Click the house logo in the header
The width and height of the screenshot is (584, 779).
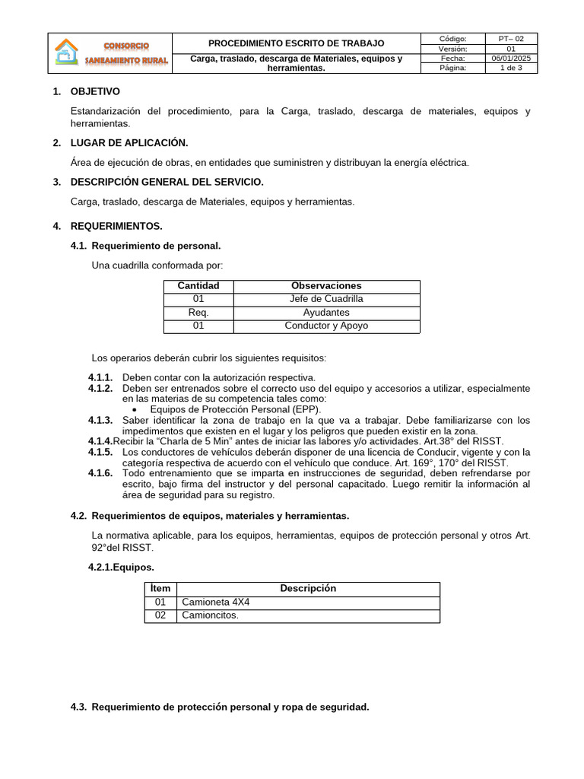click(66, 53)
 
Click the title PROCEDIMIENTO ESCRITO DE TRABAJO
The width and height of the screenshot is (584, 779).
click(296, 43)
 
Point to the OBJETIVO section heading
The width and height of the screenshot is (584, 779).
click(95, 92)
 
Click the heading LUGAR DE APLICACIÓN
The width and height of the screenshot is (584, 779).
click(129, 143)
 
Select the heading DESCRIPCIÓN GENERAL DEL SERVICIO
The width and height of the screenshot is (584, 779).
click(167, 182)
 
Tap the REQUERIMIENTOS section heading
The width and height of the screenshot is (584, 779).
click(116, 227)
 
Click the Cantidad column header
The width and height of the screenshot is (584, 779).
click(198, 286)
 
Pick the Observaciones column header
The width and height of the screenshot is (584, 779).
click(326, 286)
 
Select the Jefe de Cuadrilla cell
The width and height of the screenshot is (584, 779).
click(326, 299)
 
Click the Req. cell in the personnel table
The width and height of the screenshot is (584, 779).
click(198, 313)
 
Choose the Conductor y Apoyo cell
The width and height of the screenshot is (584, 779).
click(326, 326)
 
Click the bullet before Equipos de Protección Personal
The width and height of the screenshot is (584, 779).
click(135, 409)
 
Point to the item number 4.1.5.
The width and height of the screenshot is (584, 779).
click(100, 452)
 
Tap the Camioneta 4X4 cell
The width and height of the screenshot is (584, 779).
click(216, 603)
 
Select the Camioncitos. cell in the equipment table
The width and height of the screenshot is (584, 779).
click(210, 615)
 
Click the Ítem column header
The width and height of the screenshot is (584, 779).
click(160, 589)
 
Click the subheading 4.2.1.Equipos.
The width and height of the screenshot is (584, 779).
click(122, 567)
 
